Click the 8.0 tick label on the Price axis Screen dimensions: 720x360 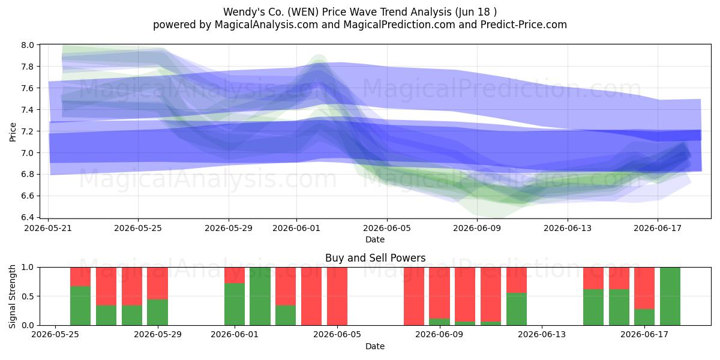(x=28, y=45)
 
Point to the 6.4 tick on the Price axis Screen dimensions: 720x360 (x=28, y=218)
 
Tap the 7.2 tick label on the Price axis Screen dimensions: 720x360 (x=28, y=131)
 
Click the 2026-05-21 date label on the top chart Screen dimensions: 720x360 (x=48, y=228)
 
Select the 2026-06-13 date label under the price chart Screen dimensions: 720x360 (x=568, y=228)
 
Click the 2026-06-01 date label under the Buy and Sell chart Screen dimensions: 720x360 (x=235, y=335)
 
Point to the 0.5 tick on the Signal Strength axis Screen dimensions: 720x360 (x=28, y=296)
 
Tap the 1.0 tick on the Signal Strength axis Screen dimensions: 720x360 (x=28, y=268)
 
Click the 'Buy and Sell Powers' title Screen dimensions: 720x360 (x=375, y=258)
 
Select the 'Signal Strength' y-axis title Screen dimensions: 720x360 (x=12, y=296)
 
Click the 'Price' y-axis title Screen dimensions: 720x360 (x=13, y=132)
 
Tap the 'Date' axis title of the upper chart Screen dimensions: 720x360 (x=375, y=239)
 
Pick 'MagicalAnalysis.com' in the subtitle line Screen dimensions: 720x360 (x=266, y=25)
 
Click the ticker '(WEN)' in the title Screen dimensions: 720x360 (x=303, y=12)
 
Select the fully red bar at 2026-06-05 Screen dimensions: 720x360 (x=337, y=296)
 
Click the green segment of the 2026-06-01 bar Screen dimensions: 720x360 (x=235, y=304)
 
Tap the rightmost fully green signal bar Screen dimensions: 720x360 (x=670, y=296)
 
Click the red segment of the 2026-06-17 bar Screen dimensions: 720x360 (x=644, y=289)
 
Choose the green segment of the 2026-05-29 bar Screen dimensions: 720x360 (x=157, y=313)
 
